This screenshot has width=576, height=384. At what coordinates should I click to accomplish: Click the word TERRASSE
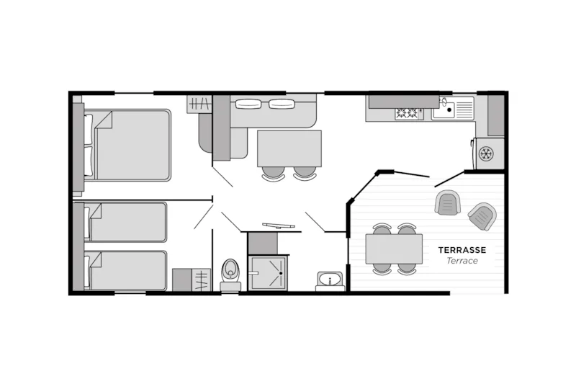[462, 250]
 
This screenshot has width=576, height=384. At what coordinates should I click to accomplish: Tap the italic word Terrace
[462, 261]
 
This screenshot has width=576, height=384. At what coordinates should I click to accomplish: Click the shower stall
[267, 273]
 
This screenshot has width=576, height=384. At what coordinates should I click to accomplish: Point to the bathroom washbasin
[330, 280]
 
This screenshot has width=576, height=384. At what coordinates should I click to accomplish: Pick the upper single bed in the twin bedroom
[126, 222]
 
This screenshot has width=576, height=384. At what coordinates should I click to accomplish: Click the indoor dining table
[289, 148]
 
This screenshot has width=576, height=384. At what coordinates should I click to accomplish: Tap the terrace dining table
[394, 249]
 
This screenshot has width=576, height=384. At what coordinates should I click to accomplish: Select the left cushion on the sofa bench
[249, 103]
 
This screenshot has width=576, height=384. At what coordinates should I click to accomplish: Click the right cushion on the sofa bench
[282, 103]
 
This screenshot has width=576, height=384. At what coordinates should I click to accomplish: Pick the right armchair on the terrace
[482, 215]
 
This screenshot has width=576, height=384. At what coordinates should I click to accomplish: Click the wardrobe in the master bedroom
[199, 103]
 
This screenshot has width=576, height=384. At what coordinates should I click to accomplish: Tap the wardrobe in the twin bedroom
[191, 280]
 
